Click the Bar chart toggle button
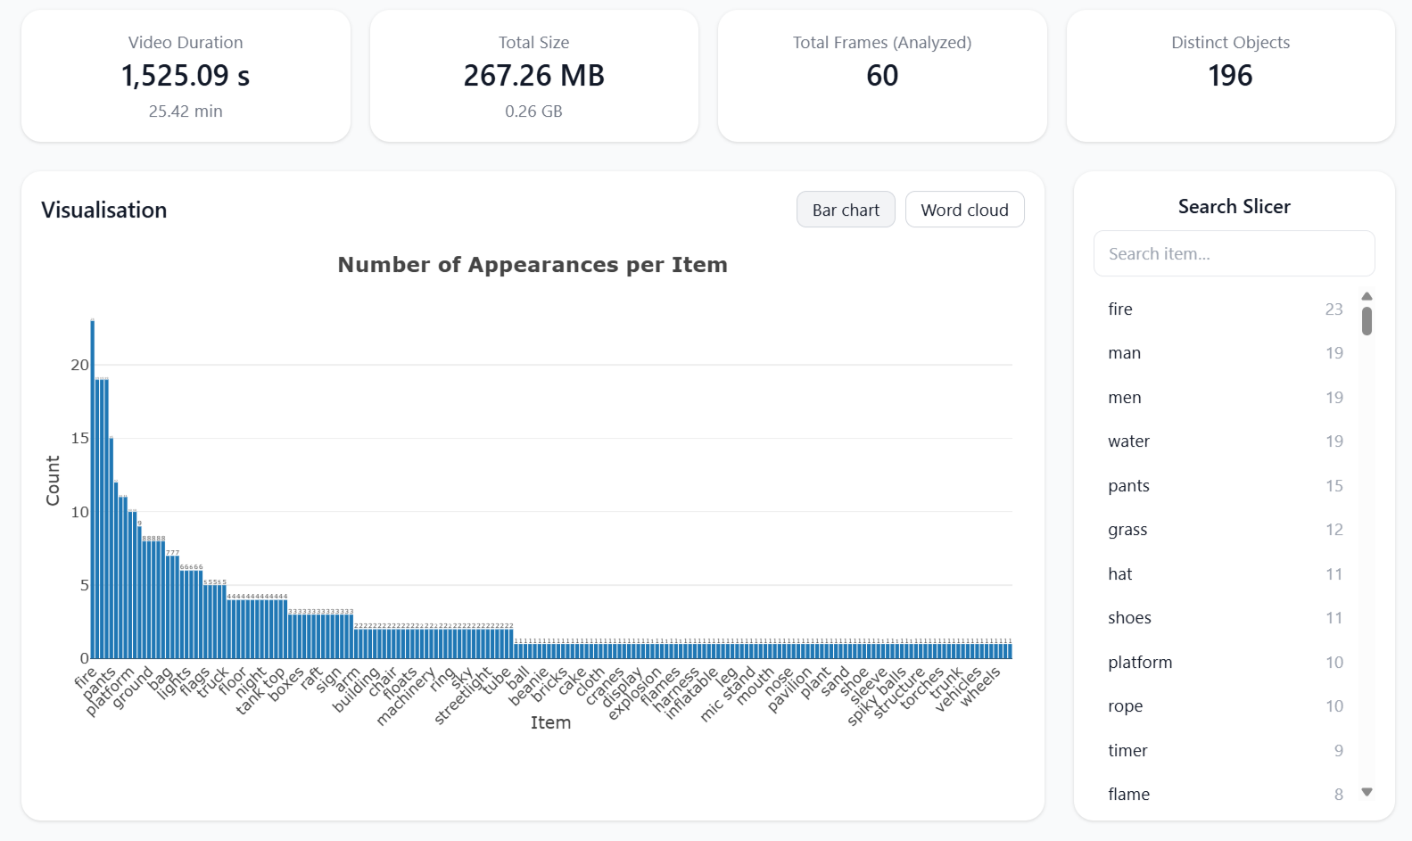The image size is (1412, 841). tap(845, 210)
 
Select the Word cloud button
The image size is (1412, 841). tap(964, 210)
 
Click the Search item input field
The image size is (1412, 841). tap(1234, 254)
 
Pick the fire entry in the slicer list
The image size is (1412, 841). tap(1120, 309)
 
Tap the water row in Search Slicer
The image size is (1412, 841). tap(1128, 441)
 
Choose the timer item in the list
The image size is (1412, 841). tap(1127, 751)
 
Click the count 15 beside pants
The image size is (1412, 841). tap(1334, 486)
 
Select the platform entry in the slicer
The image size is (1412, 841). tap(1140, 663)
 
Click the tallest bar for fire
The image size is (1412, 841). tap(93, 491)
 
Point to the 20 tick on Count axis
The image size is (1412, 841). tap(79, 365)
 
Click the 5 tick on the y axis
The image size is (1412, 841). tap(85, 585)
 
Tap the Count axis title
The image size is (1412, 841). tap(53, 481)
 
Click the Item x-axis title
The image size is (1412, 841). tap(550, 722)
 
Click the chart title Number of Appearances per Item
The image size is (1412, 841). tap(533, 265)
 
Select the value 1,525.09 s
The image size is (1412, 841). tap(186, 76)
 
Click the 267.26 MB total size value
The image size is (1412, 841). tap(533, 76)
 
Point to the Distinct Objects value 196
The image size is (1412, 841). tap(1230, 76)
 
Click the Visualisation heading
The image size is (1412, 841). tap(104, 210)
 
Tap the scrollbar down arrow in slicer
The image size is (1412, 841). tap(1367, 792)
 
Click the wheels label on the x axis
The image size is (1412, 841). tap(981, 687)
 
